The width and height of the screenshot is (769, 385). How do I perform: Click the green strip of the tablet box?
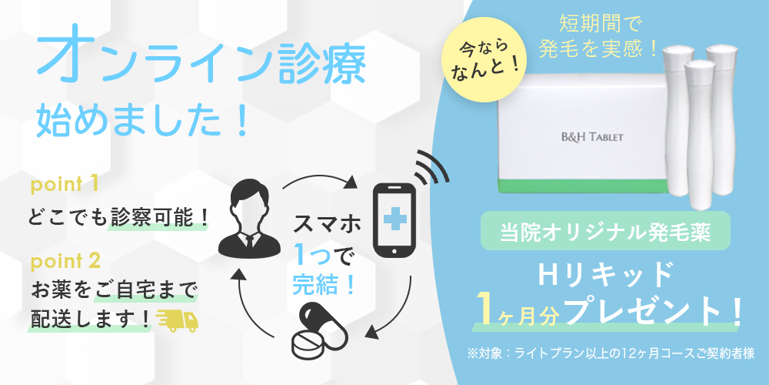(584, 186)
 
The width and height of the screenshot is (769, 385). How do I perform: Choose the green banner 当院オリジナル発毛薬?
(605, 231)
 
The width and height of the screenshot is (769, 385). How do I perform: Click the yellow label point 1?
(65, 186)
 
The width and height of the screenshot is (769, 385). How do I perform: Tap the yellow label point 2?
(65, 261)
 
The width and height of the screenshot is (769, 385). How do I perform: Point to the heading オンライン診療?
(201, 62)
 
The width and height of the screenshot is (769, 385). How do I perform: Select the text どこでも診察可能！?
(118, 216)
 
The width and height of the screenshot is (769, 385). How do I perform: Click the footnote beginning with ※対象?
(611, 353)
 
